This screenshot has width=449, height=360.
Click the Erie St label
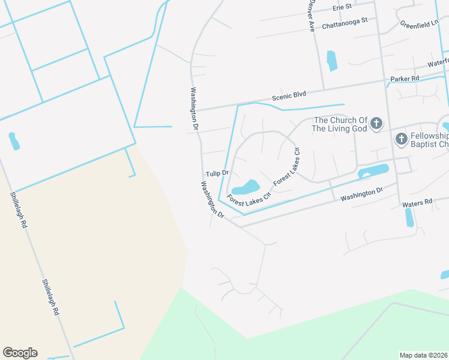(342, 8)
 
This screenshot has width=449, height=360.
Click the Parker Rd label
(404, 79)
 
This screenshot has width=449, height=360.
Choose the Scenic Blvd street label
(289, 95)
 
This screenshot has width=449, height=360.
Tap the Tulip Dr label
(217, 173)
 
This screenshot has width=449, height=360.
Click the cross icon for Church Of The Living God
(376, 124)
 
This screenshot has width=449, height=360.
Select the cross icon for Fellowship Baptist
(401, 139)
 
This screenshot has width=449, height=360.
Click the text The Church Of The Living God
(340, 124)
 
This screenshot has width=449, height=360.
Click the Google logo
(20, 353)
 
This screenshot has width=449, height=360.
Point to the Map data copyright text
(424, 355)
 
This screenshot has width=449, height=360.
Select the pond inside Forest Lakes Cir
(245, 186)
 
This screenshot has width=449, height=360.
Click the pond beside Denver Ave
(331, 61)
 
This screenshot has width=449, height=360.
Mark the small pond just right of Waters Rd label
(409, 217)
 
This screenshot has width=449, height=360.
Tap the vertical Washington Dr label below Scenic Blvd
(194, 109)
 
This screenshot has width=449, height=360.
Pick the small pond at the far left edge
(14, 142)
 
